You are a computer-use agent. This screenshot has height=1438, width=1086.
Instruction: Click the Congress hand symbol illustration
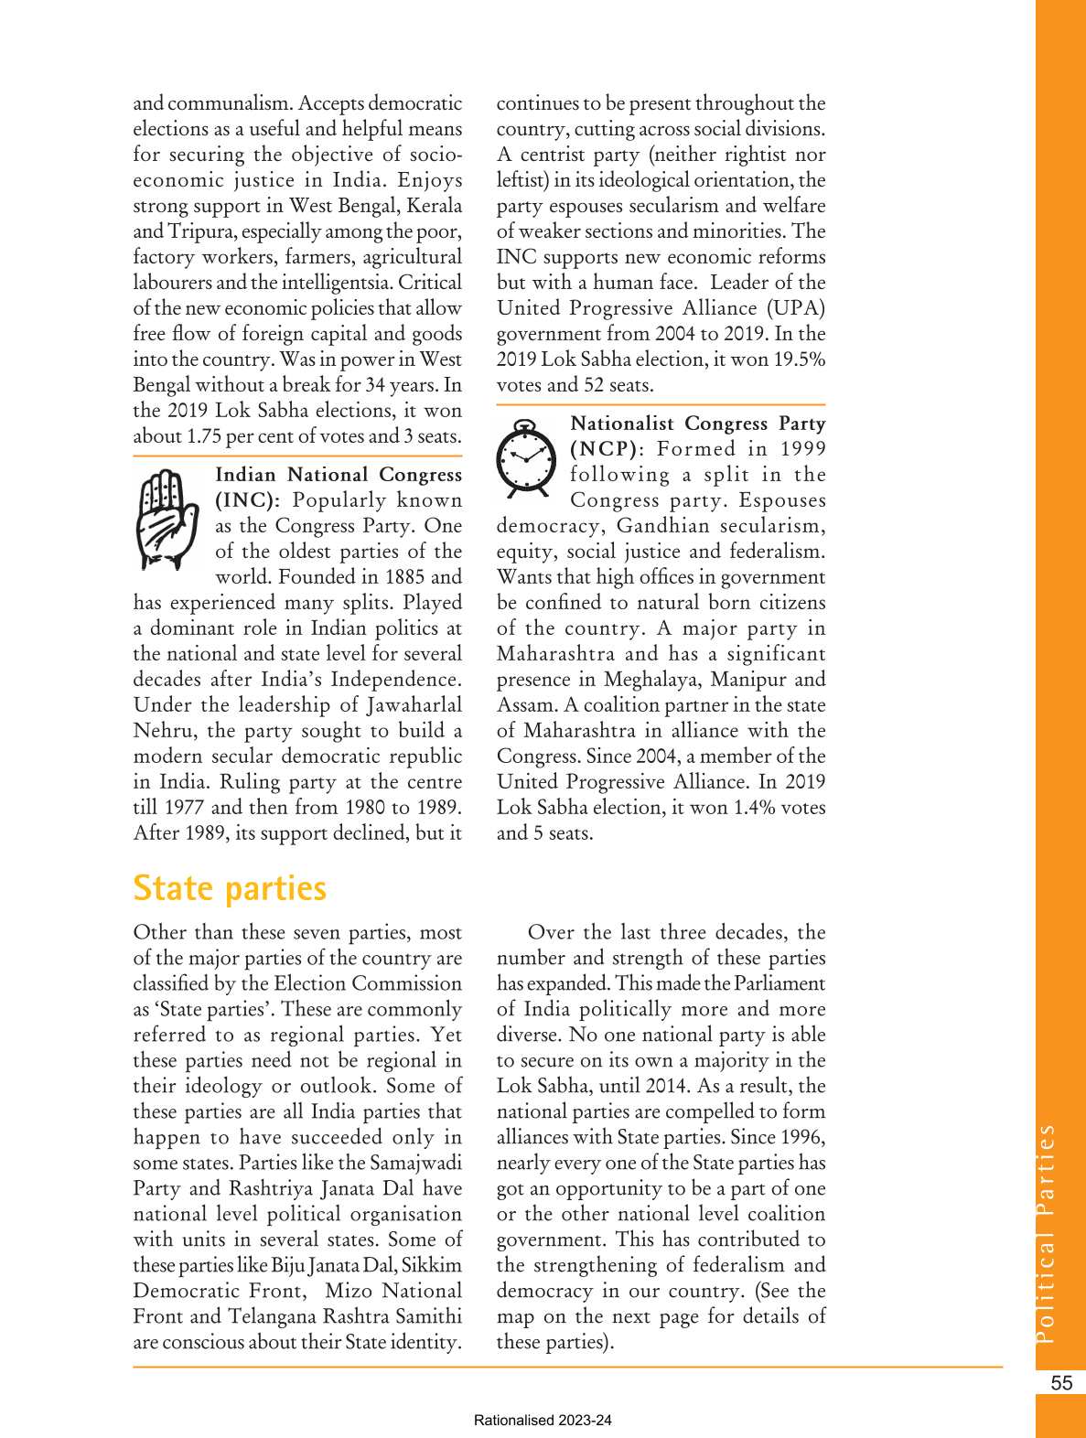pyautogui.click(x=166, y=520)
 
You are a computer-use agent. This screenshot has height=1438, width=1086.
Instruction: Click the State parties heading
pyautogui.click(x=230, y=888)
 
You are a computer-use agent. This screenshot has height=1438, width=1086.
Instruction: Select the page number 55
pyautogui.click(x=1061, y=1383)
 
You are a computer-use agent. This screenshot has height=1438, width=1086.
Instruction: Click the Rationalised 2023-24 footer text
pyautogui.click(x=543, y=1421)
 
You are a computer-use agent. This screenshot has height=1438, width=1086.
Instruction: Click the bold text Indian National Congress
pyautogui.click(x=339, y=475)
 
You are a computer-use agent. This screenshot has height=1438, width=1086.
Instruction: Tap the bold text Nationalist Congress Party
pyautogui.click(x=697, y=424)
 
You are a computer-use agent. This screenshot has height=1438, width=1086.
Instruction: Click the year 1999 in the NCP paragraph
pyautogui.click(x=802, y=449)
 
